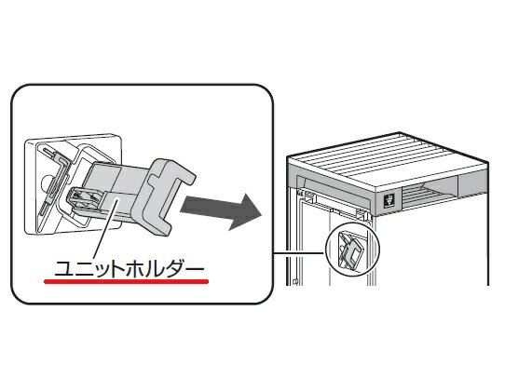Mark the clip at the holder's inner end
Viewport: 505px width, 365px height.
point(85,197)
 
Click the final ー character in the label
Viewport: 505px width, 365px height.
point(195,267)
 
